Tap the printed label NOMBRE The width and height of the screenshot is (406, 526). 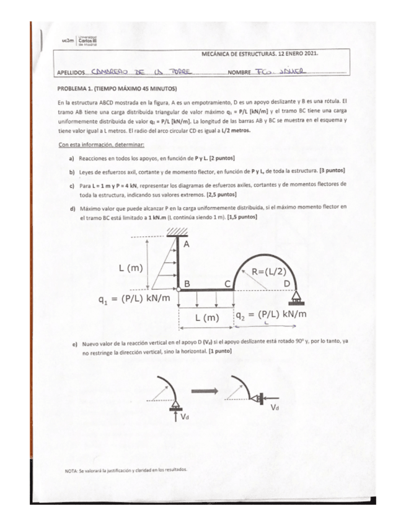239,73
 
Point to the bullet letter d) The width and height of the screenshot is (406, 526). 72,207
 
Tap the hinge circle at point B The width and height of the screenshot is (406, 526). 179,289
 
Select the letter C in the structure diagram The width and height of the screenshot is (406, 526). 228,283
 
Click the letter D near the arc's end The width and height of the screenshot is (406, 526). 286,283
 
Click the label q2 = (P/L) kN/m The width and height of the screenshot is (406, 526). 271,314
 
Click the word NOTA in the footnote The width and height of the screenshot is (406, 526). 72,471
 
